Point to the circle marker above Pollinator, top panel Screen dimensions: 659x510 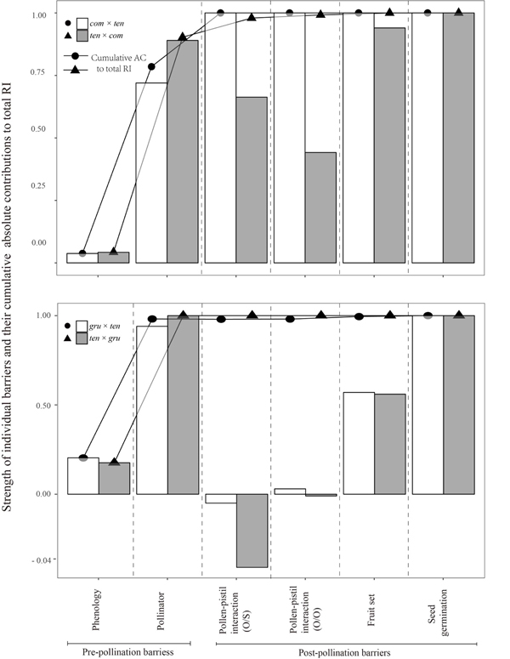[152, 66]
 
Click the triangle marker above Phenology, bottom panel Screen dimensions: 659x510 [115, 462]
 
